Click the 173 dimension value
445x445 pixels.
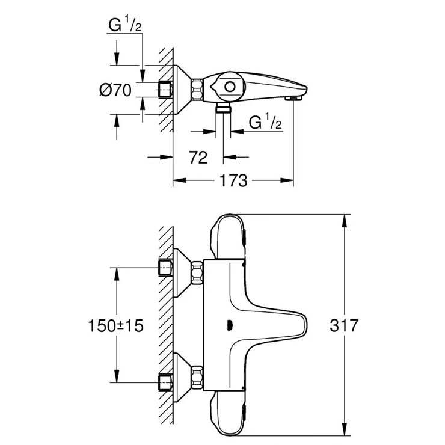(x=234, y=180)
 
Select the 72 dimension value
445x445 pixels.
(x=198, y=158)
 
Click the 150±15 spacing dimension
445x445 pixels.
(x=116, y=326)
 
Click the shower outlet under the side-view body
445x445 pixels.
(x=223, y=106)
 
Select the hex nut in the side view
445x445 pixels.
(x=197, y=90)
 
